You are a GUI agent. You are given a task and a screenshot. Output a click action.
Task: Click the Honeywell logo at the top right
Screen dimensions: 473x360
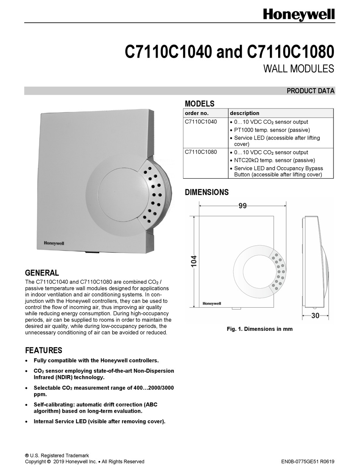click(299, 15)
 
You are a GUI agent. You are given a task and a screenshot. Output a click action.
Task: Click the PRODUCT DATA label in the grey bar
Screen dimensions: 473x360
click(310, 91)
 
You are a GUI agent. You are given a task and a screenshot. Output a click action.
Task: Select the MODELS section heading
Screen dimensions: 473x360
click(199, 104)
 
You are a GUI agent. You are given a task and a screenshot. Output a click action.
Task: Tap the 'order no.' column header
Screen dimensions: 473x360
click(197, 113)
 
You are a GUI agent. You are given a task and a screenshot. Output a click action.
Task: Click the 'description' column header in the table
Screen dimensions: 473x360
click(244, 113)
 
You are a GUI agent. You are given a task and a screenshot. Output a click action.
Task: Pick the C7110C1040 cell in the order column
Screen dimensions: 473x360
click(201, 122)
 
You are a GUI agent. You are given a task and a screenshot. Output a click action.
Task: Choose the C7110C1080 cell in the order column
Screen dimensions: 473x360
click(201, 152)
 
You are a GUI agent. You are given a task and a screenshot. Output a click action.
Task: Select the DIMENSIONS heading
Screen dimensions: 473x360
click(207, 192)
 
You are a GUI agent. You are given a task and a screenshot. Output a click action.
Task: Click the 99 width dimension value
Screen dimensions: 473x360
click(243, 206)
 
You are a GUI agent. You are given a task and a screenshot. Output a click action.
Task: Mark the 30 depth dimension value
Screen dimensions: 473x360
click(315, 316)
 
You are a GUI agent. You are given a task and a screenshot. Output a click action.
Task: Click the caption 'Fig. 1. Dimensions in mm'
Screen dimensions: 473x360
click(260, 329)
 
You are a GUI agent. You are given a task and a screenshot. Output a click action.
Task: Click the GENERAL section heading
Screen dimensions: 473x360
click(42, 273)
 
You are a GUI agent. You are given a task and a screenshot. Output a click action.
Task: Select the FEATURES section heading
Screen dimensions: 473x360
click(43, 350)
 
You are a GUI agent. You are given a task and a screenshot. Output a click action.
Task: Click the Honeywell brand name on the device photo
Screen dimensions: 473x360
click(54, 244)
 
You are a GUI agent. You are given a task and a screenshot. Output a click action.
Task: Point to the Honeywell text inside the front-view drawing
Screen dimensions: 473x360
click(212, 303)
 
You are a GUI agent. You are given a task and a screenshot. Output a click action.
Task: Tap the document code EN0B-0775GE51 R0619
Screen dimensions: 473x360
click(308, 462)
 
